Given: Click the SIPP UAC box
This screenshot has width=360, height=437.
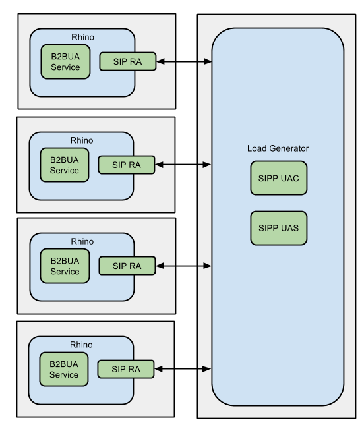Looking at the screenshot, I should pyautogui.click(x=278, y=178).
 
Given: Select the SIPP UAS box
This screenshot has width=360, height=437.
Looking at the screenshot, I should pyautogui.click(x=278, y=228).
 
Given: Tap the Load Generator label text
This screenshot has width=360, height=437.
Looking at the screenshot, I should pyautogui.click(x=278, y=148).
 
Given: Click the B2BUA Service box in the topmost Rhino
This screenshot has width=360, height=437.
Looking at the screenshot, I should pyautogui.click(x=65, y=62).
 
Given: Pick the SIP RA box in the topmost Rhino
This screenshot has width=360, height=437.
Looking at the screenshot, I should pyautogui.click(x=129, y=62).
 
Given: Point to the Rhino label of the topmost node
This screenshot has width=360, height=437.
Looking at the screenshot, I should pyautogui.click(x=82, y=36).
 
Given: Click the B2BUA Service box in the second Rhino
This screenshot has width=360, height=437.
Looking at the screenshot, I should pyautogui.click(x=65, y=165).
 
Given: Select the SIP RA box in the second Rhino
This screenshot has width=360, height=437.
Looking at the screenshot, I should pyautogui.click(x=127, y=165).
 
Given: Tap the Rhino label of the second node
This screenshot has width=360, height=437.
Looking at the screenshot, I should pyautogui.click(x=82, y=140).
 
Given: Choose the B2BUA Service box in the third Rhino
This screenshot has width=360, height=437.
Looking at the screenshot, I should pyautogui.click(x=65, y=266).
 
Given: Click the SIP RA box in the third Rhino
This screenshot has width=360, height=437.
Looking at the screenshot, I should pyautogui.click(x=127, y=266).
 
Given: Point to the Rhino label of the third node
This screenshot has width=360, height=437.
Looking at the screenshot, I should pyautogui.click(x=82, y=241).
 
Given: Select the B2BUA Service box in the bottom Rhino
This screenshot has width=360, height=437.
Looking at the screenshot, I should pyautogui.click(x=65, y=370).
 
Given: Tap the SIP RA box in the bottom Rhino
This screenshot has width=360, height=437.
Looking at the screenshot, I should pyautogui.click(x=127, y=370).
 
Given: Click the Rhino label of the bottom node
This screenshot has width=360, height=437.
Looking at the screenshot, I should pyautogui.click(x=82, y=345).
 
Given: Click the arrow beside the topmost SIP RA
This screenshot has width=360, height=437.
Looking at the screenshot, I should pyautogui.click(x=185, y=62).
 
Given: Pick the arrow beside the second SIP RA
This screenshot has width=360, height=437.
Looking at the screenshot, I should pyautogui.click(x=184, y=165).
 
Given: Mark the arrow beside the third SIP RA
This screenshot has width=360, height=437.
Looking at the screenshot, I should pyautogui.click(x=184, y=266).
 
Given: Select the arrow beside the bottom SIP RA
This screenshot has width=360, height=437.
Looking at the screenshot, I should pyautogui.click(x=184, y=370).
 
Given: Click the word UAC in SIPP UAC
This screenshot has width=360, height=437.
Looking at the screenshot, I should pyautogui.click(x=289, y=178).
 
